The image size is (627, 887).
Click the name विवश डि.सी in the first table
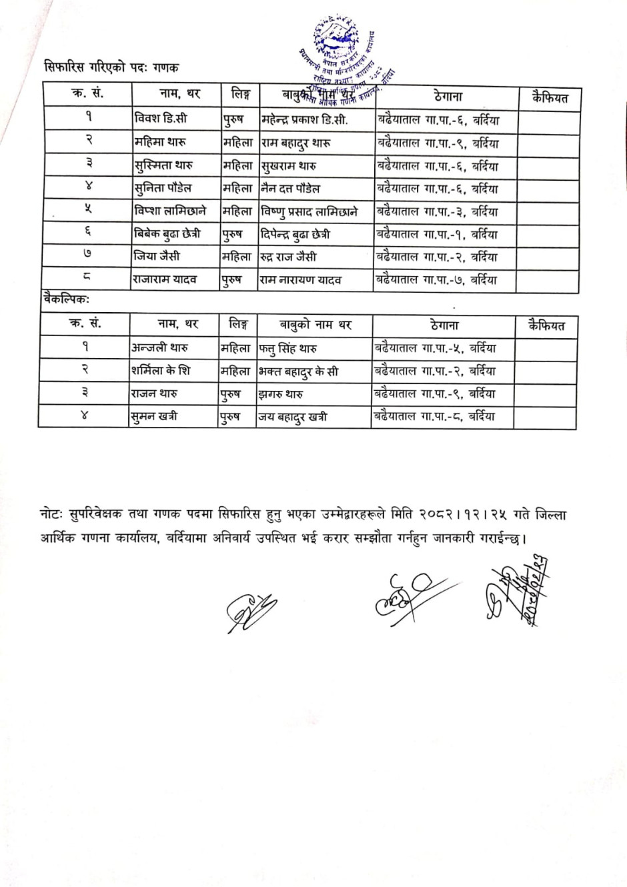161,119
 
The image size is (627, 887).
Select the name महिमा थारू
160,142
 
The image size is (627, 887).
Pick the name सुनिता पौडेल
163,188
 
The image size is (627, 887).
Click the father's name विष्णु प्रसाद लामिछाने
309,211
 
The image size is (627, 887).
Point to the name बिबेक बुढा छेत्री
167,233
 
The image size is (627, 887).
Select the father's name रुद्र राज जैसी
289,257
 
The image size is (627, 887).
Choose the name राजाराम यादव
165,279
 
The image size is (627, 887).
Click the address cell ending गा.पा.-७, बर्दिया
437,279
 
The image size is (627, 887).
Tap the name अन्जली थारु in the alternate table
159,347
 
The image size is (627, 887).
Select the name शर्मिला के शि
161,370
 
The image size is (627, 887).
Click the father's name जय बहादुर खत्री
292,417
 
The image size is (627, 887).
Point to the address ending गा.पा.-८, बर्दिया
435,416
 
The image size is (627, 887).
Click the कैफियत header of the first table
550,98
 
